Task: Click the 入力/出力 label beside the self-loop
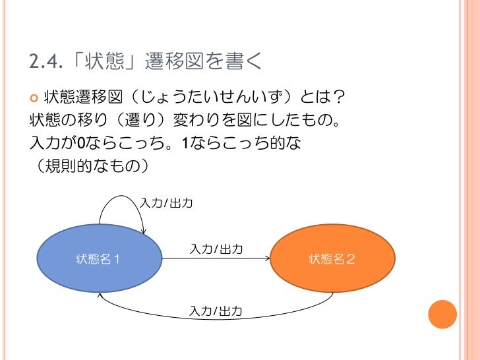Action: [167, 203]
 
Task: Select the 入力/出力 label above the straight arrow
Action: [217, 249]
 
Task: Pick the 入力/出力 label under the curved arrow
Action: [216, 311]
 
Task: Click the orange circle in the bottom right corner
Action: [442, 314]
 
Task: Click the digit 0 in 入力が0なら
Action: [81, 142]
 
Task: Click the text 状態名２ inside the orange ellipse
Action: [333, 258]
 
